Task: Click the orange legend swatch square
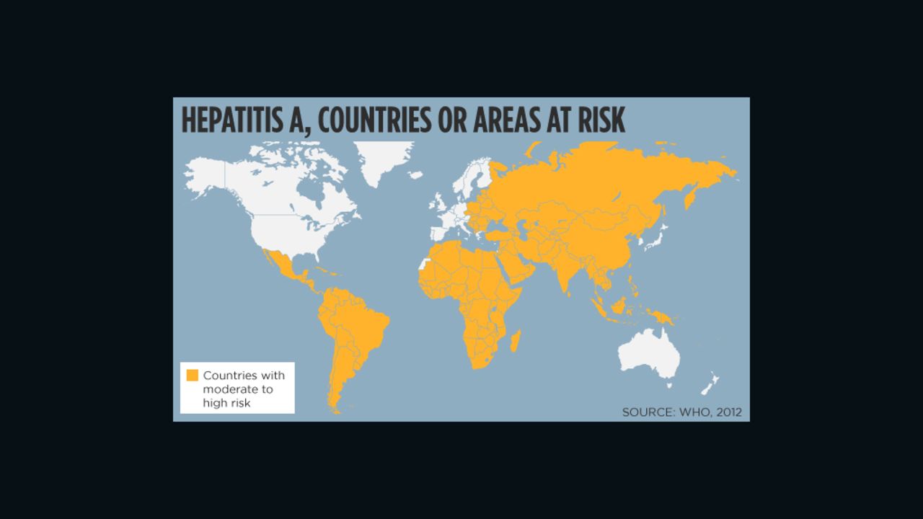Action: tap(192, 376)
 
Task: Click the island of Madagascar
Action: tap(516, 341)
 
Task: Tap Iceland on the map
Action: tap(415, 174)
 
